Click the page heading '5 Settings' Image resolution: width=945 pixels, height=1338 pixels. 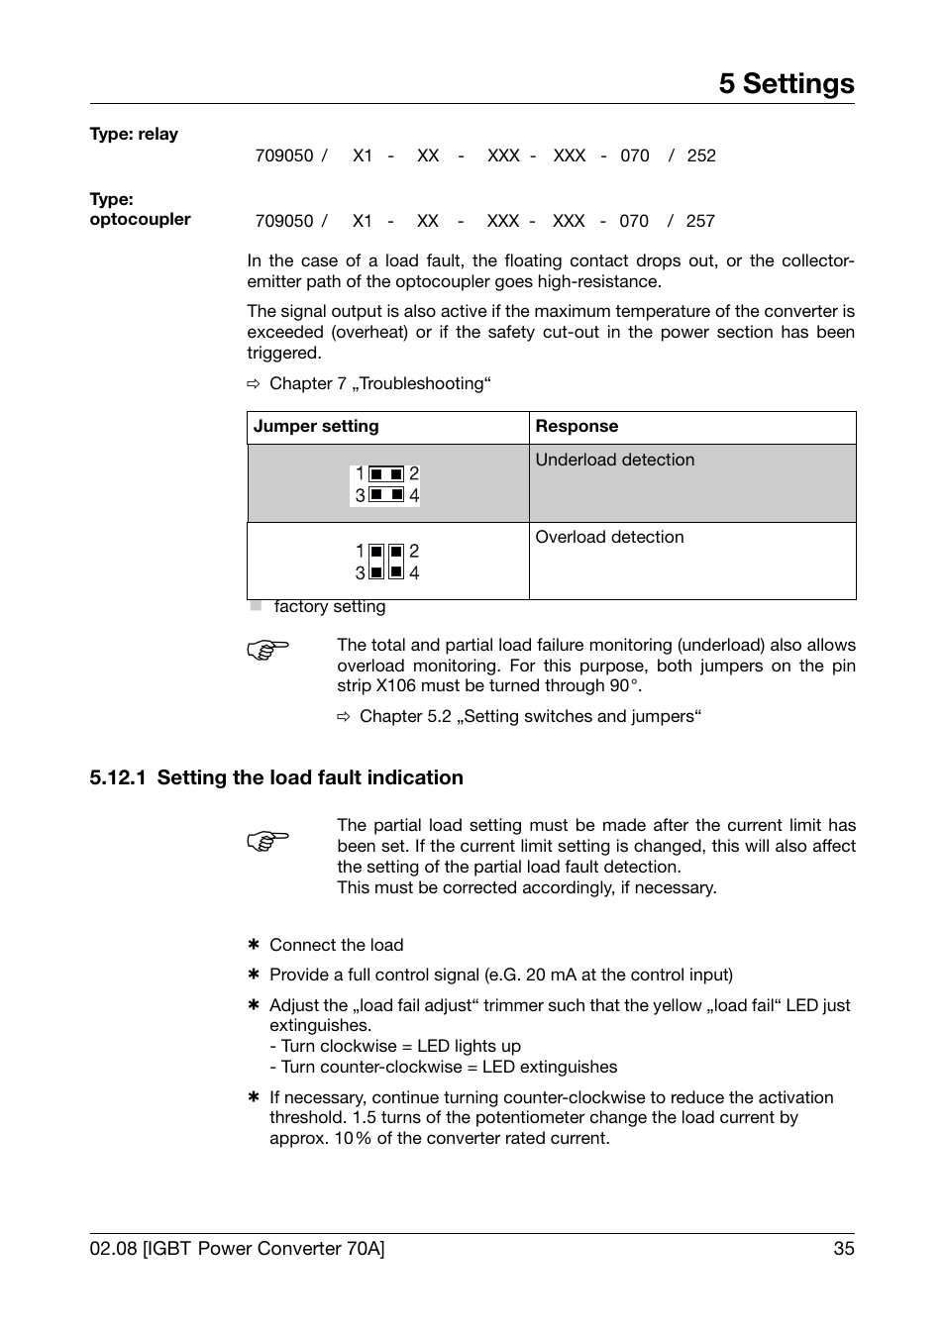[787, 84]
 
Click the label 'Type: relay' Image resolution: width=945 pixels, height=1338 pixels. [134, 135]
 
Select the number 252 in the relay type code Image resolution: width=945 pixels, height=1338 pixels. [701, 156]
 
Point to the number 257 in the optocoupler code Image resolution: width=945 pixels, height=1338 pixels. [700, 222]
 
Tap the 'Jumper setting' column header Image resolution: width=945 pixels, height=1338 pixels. [316, 427]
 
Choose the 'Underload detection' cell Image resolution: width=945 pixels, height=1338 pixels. [615, 461]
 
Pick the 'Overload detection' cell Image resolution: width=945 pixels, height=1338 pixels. [609, 538]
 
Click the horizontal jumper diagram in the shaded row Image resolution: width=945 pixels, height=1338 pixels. [385, 484]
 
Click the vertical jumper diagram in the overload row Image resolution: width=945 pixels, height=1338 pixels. [386, 562]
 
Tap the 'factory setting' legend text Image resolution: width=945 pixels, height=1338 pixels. [330, 607]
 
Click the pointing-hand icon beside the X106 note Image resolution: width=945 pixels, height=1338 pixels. [267, 651]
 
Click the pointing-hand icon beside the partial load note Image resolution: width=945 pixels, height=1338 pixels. [267, 841]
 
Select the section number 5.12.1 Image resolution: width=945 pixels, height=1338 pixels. [118, 778]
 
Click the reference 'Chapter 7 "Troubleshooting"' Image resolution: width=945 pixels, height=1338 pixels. [379, 384]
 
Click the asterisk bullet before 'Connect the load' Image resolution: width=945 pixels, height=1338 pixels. [253, 945]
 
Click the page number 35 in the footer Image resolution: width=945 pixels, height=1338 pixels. [843, 1249]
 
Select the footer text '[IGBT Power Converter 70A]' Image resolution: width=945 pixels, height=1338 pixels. [263, 1249]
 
